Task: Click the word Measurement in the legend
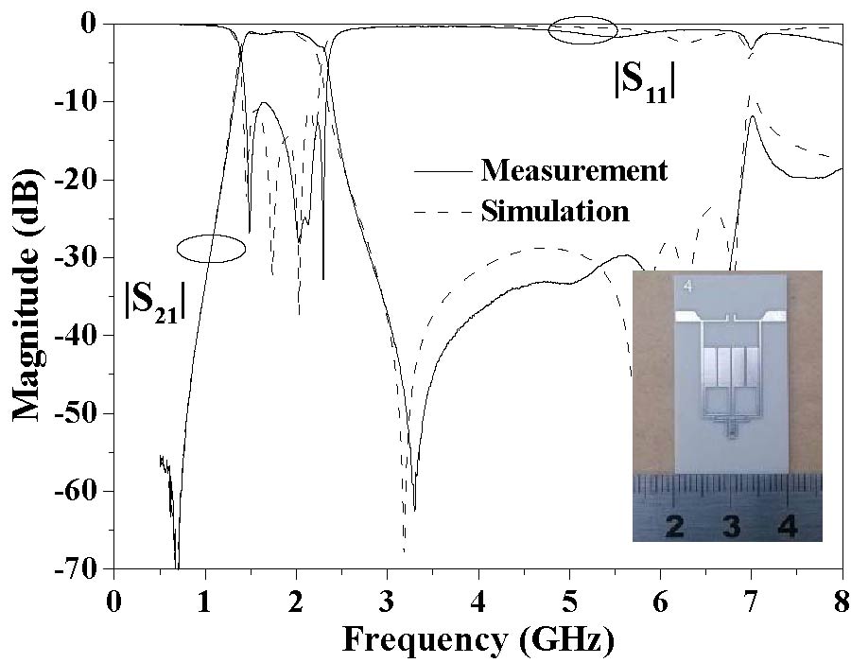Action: (574, 170)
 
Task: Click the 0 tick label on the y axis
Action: (92, 25)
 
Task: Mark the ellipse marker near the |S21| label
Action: (211, 248)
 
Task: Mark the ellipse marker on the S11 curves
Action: (582, 30)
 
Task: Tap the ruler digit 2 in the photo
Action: (674, 526)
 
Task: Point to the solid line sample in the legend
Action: (442, 171)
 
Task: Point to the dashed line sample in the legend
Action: (442, 210)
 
